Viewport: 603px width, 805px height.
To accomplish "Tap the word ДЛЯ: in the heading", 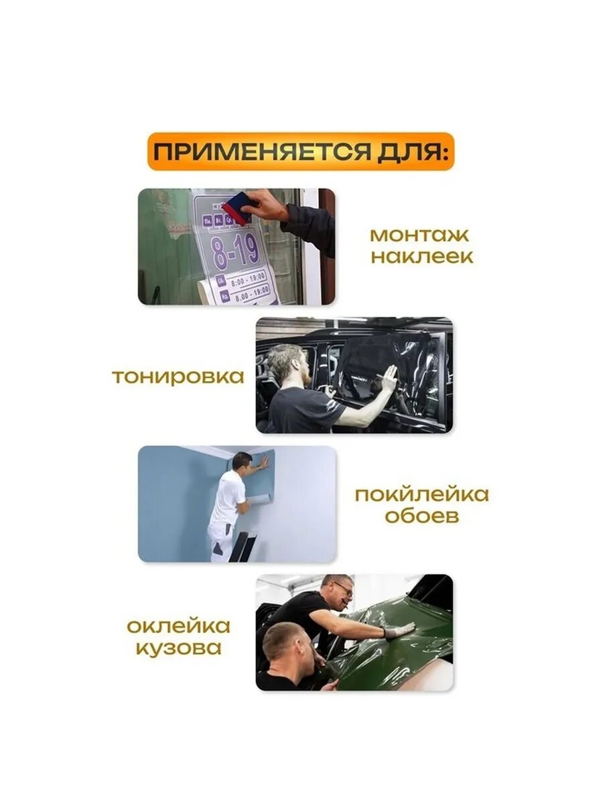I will point(410,152).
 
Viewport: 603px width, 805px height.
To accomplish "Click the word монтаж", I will point(419,235).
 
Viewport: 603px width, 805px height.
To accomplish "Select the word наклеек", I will point(422,257).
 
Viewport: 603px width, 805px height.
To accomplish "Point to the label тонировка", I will point(178,376).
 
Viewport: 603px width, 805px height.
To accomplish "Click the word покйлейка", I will point(421,495).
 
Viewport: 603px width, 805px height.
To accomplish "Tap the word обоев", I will point(421,517).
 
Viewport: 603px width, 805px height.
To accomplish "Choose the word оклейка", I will point(179,627).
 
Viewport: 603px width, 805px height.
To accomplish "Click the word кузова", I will point(178,649).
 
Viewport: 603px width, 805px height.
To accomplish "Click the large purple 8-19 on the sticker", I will point(235,250).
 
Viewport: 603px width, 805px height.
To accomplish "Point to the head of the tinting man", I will point(285,363).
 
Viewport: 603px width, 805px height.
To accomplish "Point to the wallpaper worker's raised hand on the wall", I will point(264,462).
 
